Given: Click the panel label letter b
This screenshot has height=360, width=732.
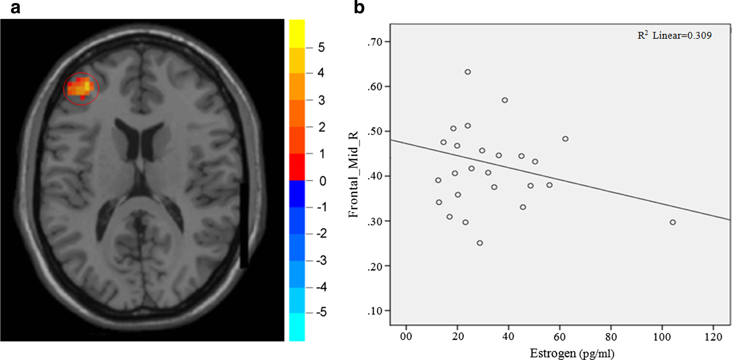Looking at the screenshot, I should coord(359,7).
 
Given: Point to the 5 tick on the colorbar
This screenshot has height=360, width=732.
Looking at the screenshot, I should coord(321,48).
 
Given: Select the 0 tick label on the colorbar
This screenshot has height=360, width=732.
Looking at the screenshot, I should coord(322,181).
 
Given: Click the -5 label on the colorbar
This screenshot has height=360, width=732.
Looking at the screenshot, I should coord(321,312).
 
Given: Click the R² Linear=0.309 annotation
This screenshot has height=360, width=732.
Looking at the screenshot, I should coord(674,36).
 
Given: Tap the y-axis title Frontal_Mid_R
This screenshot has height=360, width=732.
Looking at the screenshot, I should coord(353,175).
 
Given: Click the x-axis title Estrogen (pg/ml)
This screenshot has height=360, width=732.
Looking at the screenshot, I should coord(572,353).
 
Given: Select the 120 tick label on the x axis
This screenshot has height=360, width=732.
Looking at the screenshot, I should coord(713,337).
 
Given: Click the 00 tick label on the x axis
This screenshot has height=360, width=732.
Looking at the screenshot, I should coord(406,337).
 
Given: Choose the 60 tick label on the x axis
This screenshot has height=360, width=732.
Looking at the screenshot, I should coord(559,337).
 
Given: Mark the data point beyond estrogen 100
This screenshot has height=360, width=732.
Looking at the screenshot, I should coord(672,222).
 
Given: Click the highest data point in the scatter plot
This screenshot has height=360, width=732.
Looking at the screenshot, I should coord(468,72).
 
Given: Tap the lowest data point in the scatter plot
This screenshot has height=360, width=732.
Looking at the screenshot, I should coord(480,243).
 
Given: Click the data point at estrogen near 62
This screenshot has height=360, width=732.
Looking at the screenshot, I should coord(565,139).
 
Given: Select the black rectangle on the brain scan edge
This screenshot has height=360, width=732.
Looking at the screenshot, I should coord(244,226).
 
